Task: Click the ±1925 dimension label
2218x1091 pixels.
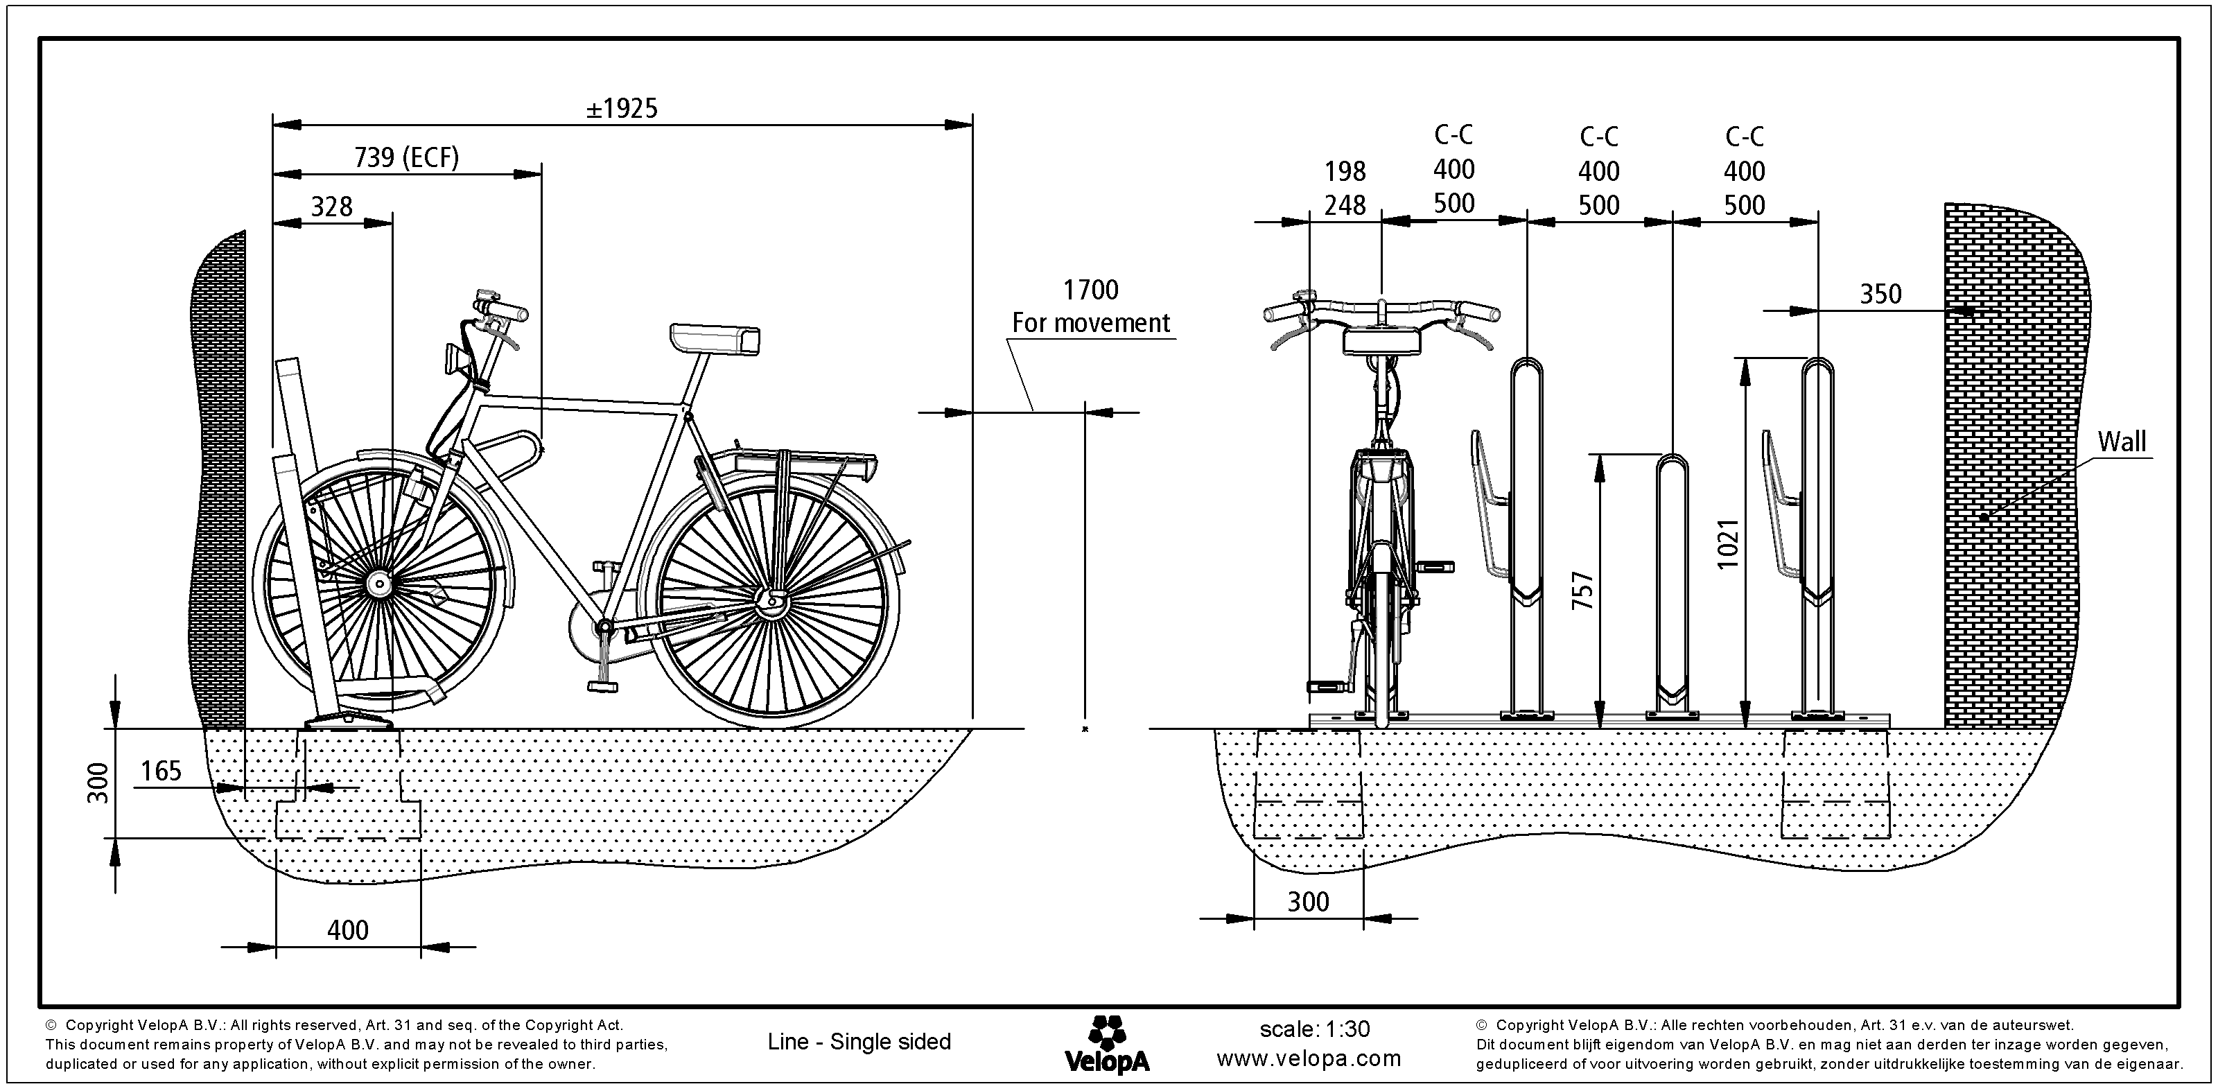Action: (622, 109)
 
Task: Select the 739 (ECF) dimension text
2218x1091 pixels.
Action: (406, 157)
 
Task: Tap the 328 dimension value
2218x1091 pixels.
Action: (331, 207)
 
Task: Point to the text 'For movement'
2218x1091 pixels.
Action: (1090, 323)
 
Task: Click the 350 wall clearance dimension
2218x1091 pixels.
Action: (1880, 295)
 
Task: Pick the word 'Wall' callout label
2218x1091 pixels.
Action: (2121, 442)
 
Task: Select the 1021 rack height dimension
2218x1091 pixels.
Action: (1728, 543)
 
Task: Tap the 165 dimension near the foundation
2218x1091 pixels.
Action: (161, 771)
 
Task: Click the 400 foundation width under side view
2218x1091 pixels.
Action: (348, 930)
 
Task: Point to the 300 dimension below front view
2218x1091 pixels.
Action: (1308, 902)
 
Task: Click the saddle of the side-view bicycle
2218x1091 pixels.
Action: (715, 338)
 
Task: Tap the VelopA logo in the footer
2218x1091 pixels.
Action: (1106, 1044)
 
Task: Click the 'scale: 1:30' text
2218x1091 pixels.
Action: (1314, 1029)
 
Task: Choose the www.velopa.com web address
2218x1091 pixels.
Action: (1309, 1058)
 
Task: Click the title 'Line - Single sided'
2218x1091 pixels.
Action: (859, 1042)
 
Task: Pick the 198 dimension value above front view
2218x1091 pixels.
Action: (1345, 172)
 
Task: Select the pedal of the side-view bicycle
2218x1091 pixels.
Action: (603, 686)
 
